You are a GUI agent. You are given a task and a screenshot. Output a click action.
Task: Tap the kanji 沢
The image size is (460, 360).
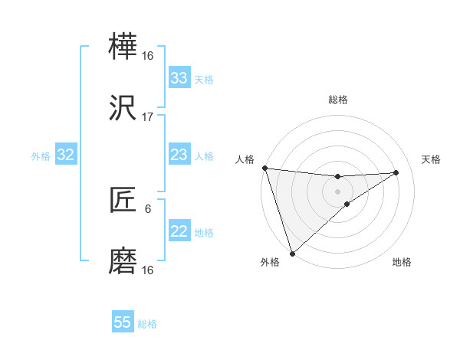point(123,109)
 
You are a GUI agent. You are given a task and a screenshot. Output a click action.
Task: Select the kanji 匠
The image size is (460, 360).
point(123,201)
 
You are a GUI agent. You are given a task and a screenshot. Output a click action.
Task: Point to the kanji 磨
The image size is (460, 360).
point(123,261)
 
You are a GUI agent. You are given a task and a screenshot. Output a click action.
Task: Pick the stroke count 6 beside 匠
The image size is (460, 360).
point(148,208)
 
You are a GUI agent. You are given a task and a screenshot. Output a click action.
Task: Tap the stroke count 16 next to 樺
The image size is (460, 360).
point(148,56)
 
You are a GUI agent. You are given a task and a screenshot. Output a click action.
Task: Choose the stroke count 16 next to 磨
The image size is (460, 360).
point(148,270)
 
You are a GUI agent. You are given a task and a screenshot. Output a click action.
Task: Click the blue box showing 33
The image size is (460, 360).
point(179,78)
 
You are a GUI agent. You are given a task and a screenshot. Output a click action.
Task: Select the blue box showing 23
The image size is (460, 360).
point(179,155)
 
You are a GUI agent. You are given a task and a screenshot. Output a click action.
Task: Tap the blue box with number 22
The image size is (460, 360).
point(179,231)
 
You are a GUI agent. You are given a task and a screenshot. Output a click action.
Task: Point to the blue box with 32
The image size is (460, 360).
point(65,155)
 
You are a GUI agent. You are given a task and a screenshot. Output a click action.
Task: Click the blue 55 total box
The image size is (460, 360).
point(123,322)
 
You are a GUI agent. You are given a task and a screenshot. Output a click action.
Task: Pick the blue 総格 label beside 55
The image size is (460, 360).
point(147,324)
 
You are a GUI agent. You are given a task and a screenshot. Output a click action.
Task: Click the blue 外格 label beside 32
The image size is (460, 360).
point(41,156)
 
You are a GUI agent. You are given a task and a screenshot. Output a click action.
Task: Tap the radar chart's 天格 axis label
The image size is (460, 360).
point(432,159)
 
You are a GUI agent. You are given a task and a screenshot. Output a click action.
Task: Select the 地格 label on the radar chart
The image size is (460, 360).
point(402,262)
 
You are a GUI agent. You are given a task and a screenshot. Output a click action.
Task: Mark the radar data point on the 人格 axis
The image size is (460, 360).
point(264,168)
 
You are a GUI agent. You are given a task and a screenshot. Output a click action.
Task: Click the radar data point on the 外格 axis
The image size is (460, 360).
point(292,253)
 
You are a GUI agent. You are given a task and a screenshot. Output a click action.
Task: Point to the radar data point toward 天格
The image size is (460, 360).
point(396,172)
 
